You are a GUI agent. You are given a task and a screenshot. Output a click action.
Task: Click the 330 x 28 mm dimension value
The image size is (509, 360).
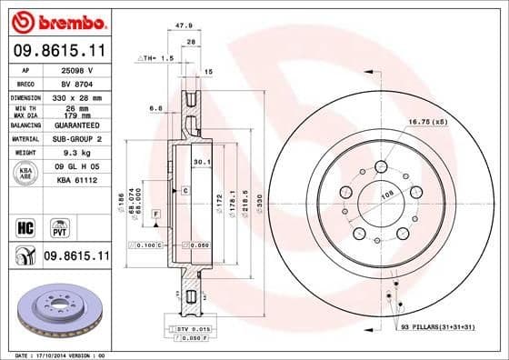coord(75,95)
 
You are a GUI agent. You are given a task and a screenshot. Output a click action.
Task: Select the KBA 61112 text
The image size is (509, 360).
coord(75,180)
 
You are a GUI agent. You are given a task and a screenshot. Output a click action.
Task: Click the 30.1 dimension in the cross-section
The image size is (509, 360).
coord(203,164)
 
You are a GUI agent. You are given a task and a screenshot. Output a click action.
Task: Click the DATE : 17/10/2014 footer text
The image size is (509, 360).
coord(45,355)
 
